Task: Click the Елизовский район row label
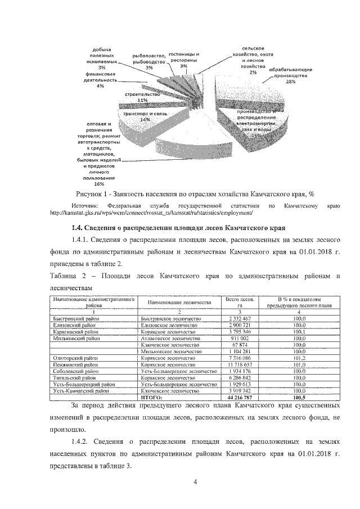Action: point(70,326)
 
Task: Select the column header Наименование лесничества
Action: point(179,302)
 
